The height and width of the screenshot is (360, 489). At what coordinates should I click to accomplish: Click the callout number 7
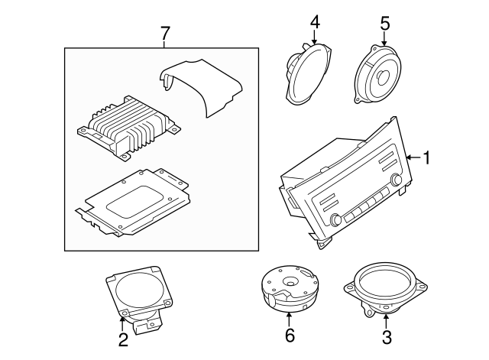[x=165, y=34]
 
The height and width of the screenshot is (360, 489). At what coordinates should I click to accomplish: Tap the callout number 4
[x=315, y=22]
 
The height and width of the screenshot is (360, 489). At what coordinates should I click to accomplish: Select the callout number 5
[x=385, y=24]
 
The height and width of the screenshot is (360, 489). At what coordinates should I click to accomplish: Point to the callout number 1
[x=426, y=157]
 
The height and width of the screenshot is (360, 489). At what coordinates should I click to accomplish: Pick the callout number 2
[x=123, y=339]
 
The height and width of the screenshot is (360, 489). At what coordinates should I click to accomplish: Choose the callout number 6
[x=290, y=336]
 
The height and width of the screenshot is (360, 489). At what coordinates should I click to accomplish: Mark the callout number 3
[x=387, y=337]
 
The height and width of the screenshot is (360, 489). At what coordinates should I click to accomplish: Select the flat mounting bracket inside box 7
[x=132, y=202]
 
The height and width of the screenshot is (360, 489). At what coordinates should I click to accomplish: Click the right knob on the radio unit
[x=397, y=179]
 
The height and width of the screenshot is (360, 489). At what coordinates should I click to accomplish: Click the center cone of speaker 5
[x=383, y=76]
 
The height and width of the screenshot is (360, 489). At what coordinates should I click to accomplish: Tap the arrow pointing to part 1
[x=413, y=157]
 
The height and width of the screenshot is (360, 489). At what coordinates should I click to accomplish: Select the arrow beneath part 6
[x=290, y=319]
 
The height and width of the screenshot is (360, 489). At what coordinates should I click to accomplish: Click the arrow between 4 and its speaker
[x=314, y=37]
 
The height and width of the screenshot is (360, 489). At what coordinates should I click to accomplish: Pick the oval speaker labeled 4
[x=308, y=74]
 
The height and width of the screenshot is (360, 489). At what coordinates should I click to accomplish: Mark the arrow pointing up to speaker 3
[x=386, y=322]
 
